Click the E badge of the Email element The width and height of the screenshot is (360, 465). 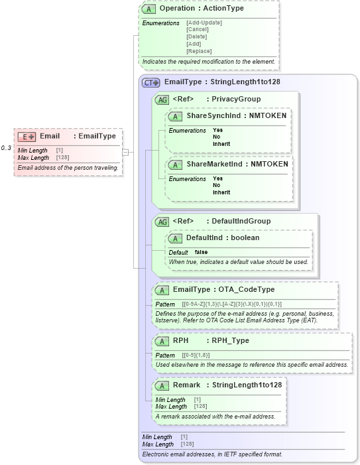point(27,136)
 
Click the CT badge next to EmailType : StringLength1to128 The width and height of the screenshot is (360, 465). point(151,83)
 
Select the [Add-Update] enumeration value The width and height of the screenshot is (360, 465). point(204,23)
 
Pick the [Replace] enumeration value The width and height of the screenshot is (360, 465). point(199,51)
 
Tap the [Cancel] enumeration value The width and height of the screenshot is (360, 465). point(198,30)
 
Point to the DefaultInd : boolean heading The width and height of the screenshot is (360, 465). point(222,237)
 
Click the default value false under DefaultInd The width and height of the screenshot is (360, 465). point(202,253)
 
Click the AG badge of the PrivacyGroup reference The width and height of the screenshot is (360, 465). point(162,100)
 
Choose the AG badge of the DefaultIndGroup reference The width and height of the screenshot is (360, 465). point(162,222)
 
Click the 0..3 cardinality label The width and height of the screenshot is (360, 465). point(6,148)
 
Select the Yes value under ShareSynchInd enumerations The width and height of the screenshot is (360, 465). point(217,130)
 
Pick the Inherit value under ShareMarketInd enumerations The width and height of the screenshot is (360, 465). point(221,192)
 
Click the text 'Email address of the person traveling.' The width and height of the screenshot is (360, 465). point(68,168)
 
